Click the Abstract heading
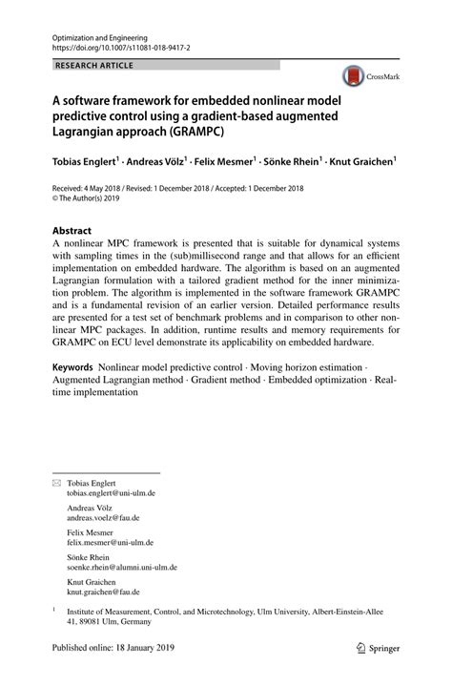click(72, 231)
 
